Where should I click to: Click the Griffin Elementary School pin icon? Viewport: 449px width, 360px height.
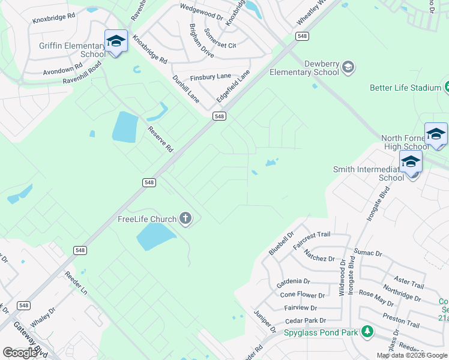point(116,41)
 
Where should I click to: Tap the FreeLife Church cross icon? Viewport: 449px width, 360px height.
point(186,219)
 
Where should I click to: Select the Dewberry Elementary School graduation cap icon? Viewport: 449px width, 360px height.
point(348,67)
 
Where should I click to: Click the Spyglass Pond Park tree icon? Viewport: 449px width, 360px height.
point(367,331)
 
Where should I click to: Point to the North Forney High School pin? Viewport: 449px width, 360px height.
point(436,134)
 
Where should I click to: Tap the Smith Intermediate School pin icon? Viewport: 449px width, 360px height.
point(411,162)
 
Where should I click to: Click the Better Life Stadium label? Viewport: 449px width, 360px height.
point(405,88)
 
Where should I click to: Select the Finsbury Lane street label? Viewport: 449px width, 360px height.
point(210,77)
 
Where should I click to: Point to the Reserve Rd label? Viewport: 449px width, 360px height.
point(161,139)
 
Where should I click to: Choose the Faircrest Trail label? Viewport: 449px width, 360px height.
point(312,241)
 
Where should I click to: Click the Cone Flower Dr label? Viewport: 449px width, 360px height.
point(303,295)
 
